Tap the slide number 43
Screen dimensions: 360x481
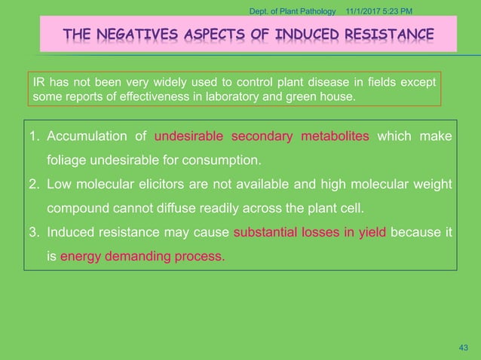(x=464, y=347)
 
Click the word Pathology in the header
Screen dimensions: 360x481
(x=314, y=9)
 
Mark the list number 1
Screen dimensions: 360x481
(x=34, y=137)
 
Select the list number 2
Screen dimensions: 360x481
(x=34, y=185)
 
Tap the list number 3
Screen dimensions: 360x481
(x=34, y=233)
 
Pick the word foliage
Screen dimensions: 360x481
(x=68, y=160)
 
